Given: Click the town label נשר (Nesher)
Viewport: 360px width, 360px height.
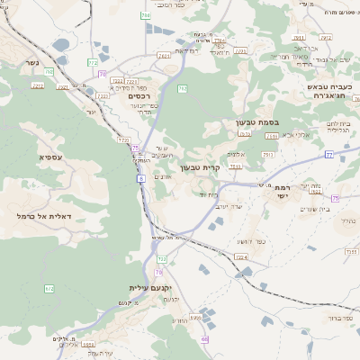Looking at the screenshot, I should (27, 64).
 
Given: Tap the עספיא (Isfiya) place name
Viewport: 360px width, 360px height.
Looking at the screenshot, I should (50, 157).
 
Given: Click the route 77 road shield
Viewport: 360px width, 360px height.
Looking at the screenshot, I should (329, 156).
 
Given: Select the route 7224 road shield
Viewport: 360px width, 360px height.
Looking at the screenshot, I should (241, 257).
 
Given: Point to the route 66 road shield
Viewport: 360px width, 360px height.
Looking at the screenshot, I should (204, 339).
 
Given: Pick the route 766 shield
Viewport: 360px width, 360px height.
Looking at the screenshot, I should (146, 16).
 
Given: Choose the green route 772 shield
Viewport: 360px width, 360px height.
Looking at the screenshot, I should (93, 62).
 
